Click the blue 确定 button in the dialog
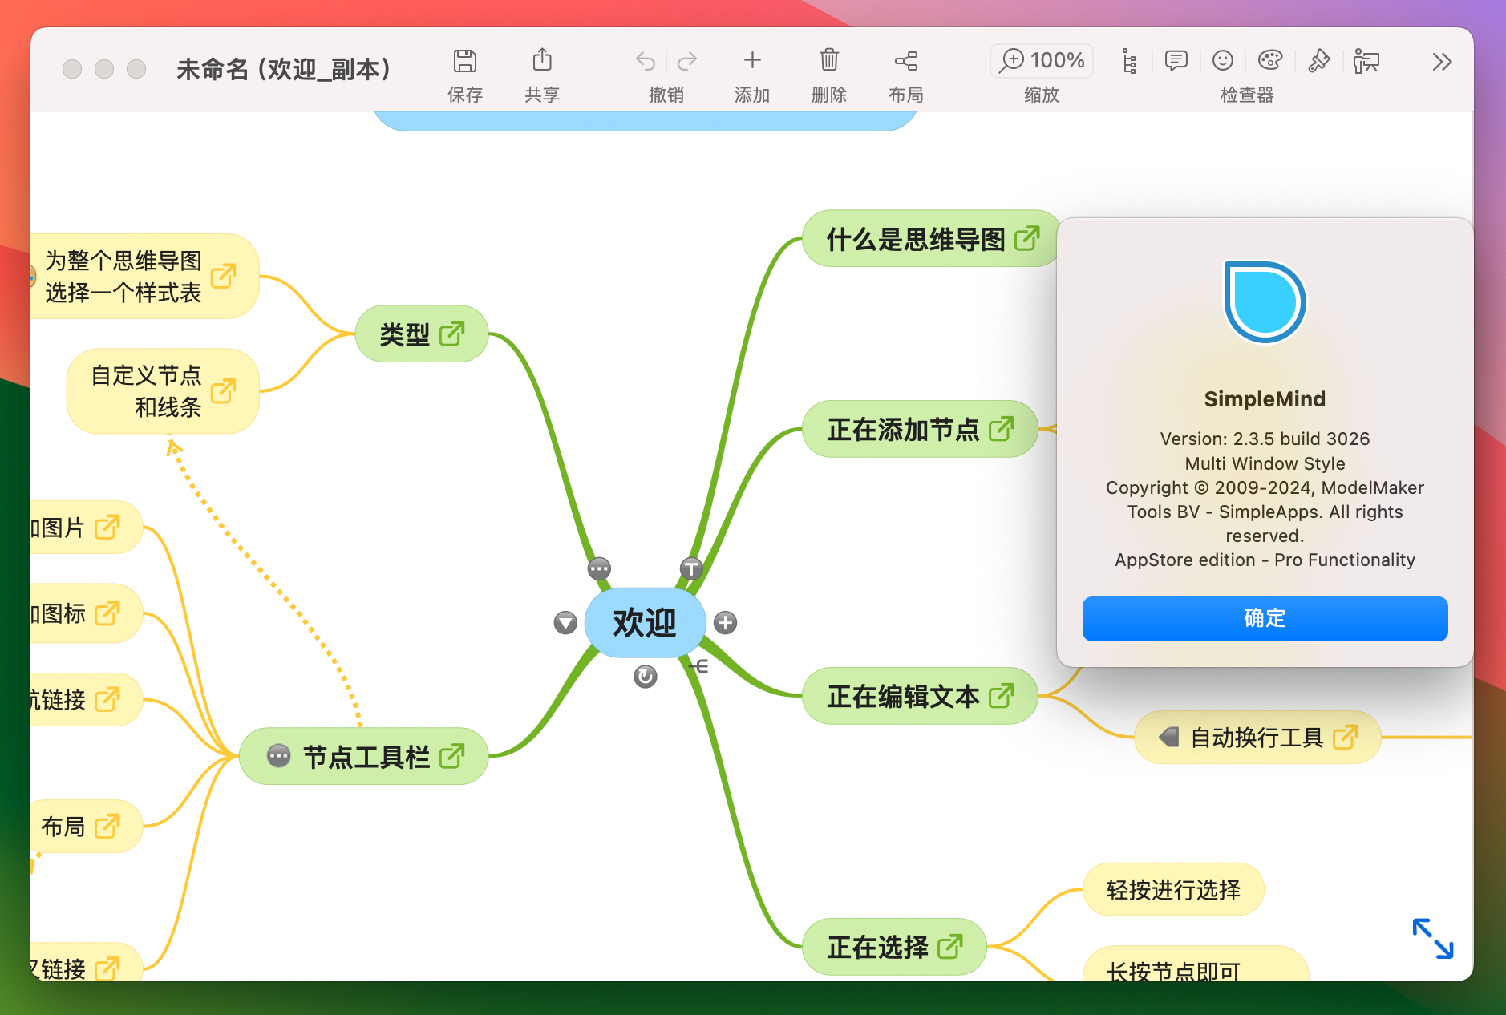pyautogui.click(x=1264, y=618)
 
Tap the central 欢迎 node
pyautogui.click(x=645, y=623)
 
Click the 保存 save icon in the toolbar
pyautogui.click(x=465, y=62)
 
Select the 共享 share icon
pyautogui.click(x=542, y=62)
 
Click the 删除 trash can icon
pyautogui.click(x=828, y=62)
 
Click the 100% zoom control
pyautogui.click(x=1042, y=61)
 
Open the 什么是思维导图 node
pyautogui.click(x=916, y=239)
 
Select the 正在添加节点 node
pyautogui.click(x=903, y=430)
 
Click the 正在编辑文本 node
pyautogui.click(x=903, y=697)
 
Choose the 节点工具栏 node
pyautogui.click(x=366, y=757)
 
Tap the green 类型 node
pyautogui.click(x=405, y=334)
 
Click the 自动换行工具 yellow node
pyautogui.click(x=1256, y=738)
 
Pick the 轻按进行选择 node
pyautogui.click(x=1172, y=890)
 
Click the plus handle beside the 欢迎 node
pyautogui.click(x=725, y=623)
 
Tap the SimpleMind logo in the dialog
pyautogui.click(x=1265, y=302)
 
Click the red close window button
pyautogui.click(x=72, y=69)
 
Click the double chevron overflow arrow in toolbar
pyautogui.click(x=1442, y=62)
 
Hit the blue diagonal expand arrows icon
pyautogui.click(x=1432, y=938)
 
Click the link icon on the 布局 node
pyautogui.click(x=107, y=826)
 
